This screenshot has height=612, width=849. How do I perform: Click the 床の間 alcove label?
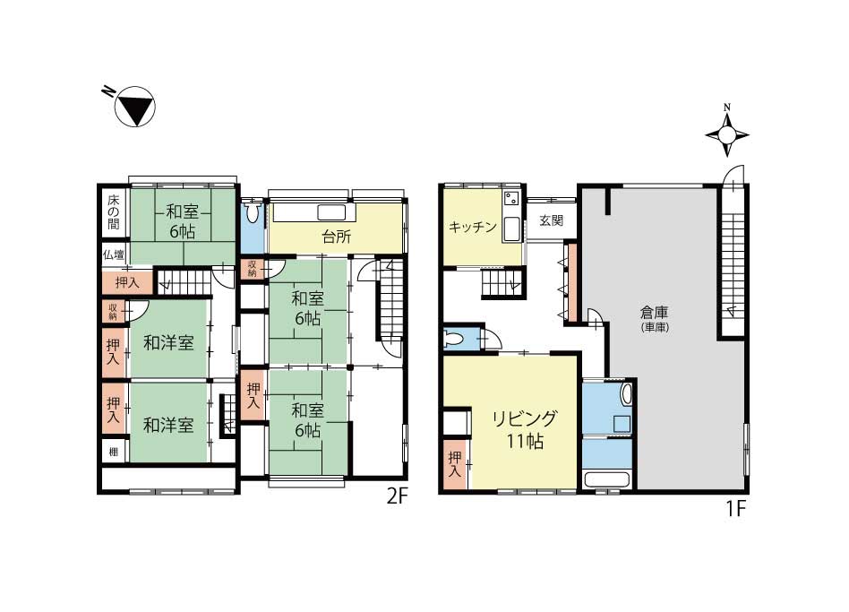tap(113, 211)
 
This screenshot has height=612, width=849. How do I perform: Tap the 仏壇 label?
tap(114, 254)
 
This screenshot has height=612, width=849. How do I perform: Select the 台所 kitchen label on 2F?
tap(336, 237)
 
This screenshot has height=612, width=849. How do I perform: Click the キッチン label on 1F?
tap(473, 227)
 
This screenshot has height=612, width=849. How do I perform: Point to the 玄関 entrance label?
tap(551, 220)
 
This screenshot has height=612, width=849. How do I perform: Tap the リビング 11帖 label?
tap(524, 430)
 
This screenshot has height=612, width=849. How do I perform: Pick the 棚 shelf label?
tap(113, 451)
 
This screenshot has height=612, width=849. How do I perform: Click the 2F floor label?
tap(396, 496)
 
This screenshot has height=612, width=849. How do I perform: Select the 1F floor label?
tap(736, 509)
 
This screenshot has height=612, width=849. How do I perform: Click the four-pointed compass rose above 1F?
tap(727, 134)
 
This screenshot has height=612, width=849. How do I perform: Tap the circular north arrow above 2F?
tap(135, 106)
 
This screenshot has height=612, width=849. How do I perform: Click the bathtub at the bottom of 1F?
tap(607, 480)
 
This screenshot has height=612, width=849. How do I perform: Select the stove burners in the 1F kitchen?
tap(511, 199)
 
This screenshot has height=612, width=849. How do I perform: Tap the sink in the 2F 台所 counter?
tap(331, 212)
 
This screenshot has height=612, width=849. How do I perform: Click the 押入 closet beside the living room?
tap(455, 465)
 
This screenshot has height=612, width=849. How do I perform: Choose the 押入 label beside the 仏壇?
tap(126, 282)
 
